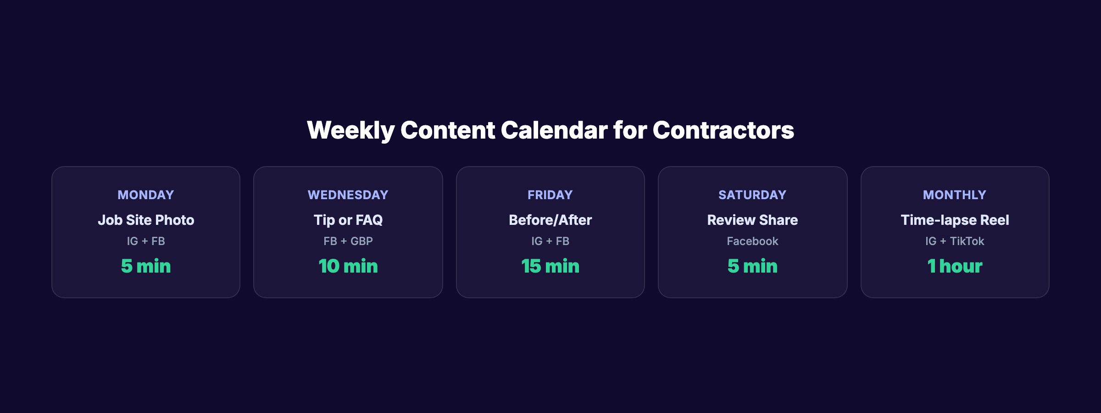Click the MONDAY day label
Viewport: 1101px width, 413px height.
pyautogui.click(x=146, y=195)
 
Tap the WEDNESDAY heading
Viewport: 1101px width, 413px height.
pyautogui.click(x=348, y=195)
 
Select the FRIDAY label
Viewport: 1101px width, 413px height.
pyautogui.click(x=550, y=195)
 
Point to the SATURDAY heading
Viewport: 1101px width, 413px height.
pyautogui.click(x=752, y=195)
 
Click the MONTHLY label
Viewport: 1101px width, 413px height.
pyautogui.click(x=954, y=195)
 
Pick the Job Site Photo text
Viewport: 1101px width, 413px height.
pyautogui.click(x=146, y=220)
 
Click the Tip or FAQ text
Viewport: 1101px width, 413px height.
pyautogui.click(x=348, y=220)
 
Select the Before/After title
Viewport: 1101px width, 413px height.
pyautogui.click(x=550, y=220)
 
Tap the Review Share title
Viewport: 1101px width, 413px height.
pyautogui.click(x=752, y=220)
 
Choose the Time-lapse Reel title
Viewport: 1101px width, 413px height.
pyautogui.click(x=955, y=220)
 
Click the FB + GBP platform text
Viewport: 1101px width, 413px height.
pyautogui.click(x=348, y=241)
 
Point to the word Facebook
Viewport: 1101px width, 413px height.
pyautogui.click(x=752, y=241)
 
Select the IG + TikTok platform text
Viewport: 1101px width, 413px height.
pyautogui.click(x=955, y=241)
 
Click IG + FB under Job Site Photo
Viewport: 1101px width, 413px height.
pyautogui.click(x=146, y=241)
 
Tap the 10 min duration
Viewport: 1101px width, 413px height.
pyautogui.click(x=348, y=267)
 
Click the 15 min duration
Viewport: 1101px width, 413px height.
pyautogui.click(x=550, y=267)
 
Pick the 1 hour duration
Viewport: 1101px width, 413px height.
pyautogui.click(x=955, y=267)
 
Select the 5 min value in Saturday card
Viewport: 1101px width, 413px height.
pyautogui.click(x=752, y=267)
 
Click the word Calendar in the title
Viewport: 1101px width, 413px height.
pyautogui.click(x=554, y=130)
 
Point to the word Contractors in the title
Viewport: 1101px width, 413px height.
pyautogui.click(x=723, y=130)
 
